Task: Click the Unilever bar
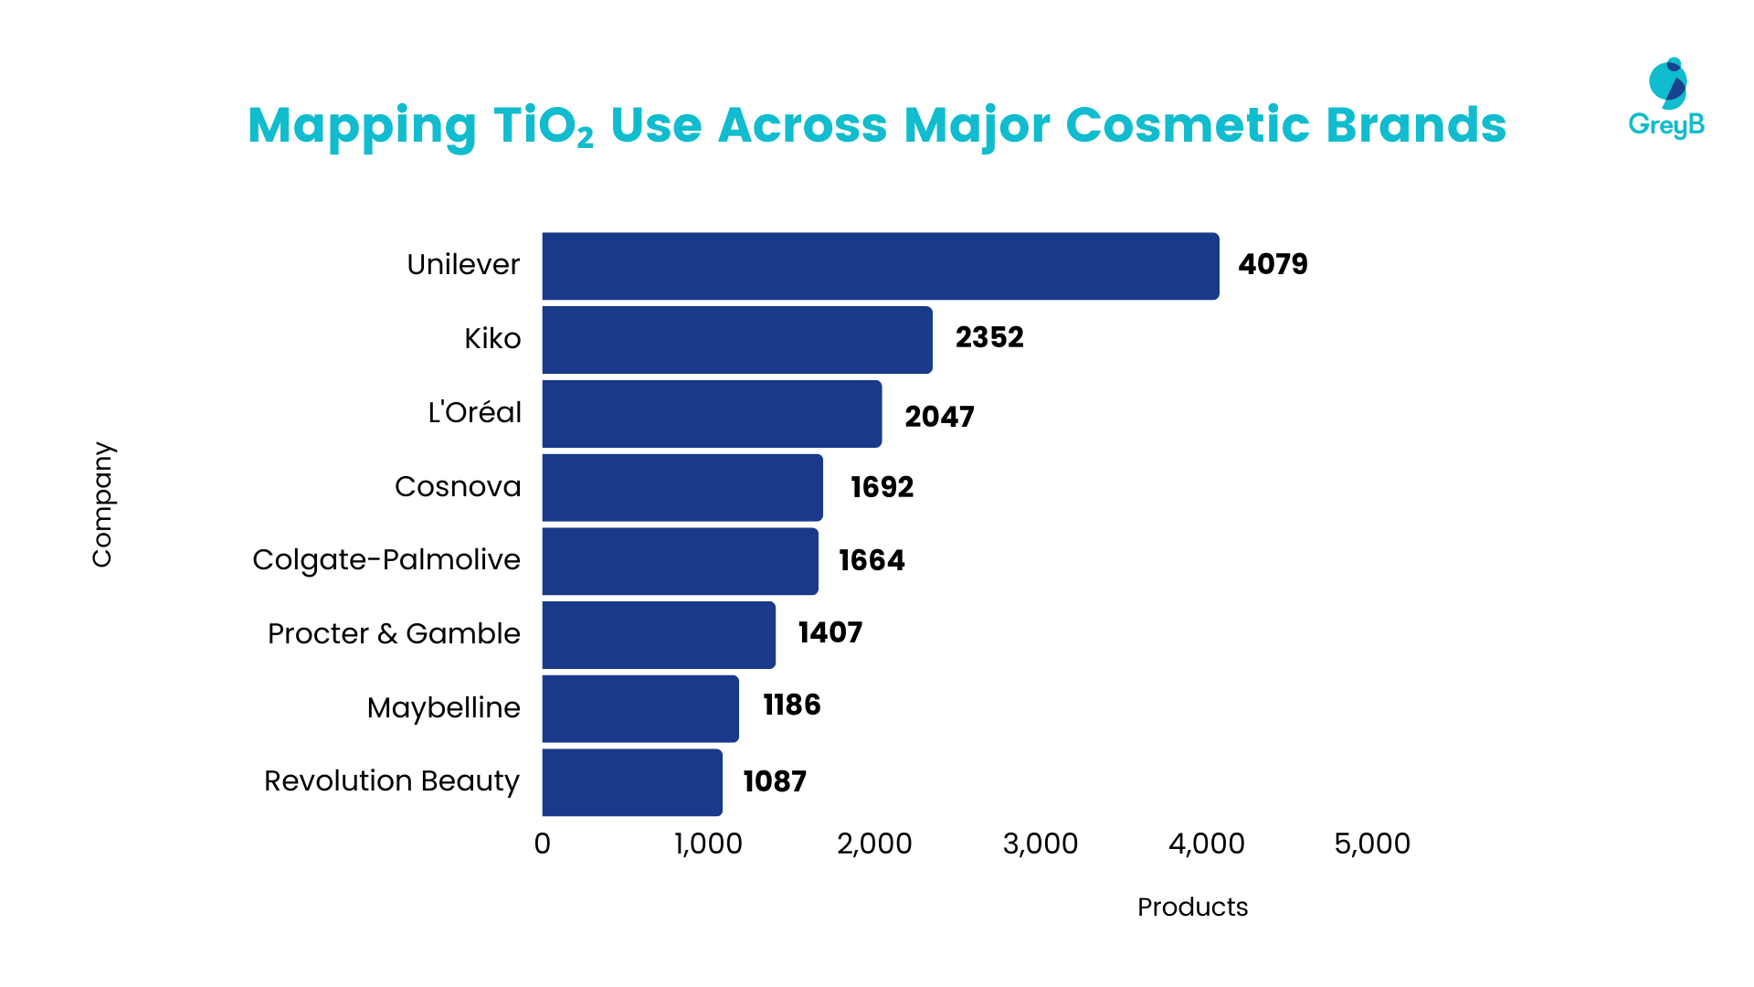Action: pos(880,266)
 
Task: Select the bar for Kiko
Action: pos(736,340)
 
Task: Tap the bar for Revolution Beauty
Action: pos(631,782)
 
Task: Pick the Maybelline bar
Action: pos(639,708)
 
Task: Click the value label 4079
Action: pos(1273,264)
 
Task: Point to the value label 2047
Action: pos(939,417)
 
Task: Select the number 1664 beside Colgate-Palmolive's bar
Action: pos(872,560)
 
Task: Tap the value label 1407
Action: pos(829,632)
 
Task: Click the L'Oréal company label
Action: pos(474,412)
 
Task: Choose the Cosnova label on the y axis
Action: pos(458,486)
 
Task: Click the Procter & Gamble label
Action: pos(394,633)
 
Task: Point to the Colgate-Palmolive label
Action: pos(386,559)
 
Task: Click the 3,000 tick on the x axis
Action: pos(1040,844)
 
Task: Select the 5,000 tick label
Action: pos(1371,844)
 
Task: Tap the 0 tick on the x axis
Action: pos(543,844)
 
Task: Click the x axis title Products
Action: pos(1192,907)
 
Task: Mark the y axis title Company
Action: pos(101,504)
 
